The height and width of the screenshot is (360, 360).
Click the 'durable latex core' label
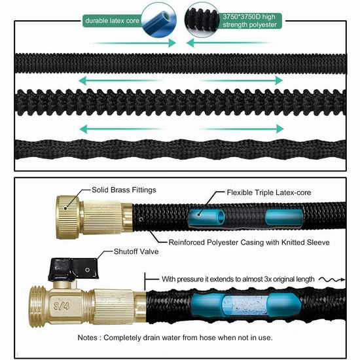click(x=113, y=21)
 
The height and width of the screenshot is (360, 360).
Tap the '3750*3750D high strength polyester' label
click(x=249, y=21)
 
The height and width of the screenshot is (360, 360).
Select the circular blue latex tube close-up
click(x=159, y=20)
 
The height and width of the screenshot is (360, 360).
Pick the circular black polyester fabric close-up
click(x=202, y=20)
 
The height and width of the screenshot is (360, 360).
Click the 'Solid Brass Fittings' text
click(x=124, y=190)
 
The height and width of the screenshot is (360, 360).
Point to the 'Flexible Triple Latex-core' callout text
click(x=269, y=192)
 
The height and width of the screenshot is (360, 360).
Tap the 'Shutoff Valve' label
click(x=136, y=251)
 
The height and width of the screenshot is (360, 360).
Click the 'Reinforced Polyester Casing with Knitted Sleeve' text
click(x=249, y=242)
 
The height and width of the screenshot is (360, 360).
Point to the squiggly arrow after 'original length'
click(x=332, y=279)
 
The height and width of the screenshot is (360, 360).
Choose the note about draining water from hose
click(x=175, y=338)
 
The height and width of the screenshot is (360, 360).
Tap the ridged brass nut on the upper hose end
click(x=67, y=217)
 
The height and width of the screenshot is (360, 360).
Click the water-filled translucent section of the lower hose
click(x=245, y=306)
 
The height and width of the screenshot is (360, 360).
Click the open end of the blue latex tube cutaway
click(x=221, y=217)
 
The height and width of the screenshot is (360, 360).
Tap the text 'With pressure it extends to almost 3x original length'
click(x=238, y=279)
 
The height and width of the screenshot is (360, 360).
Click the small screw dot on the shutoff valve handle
click(x=87, y=270)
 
